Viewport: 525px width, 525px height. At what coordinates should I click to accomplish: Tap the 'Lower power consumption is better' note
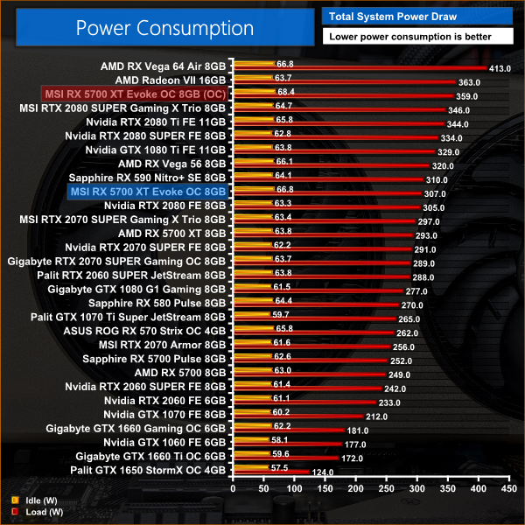coord(409,37)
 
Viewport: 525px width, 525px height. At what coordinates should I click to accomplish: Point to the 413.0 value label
coord(500,68)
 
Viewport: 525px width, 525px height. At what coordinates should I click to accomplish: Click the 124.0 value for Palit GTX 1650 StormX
coord(323,473)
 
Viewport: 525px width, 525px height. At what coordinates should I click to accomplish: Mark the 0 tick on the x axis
coord(232,491)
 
